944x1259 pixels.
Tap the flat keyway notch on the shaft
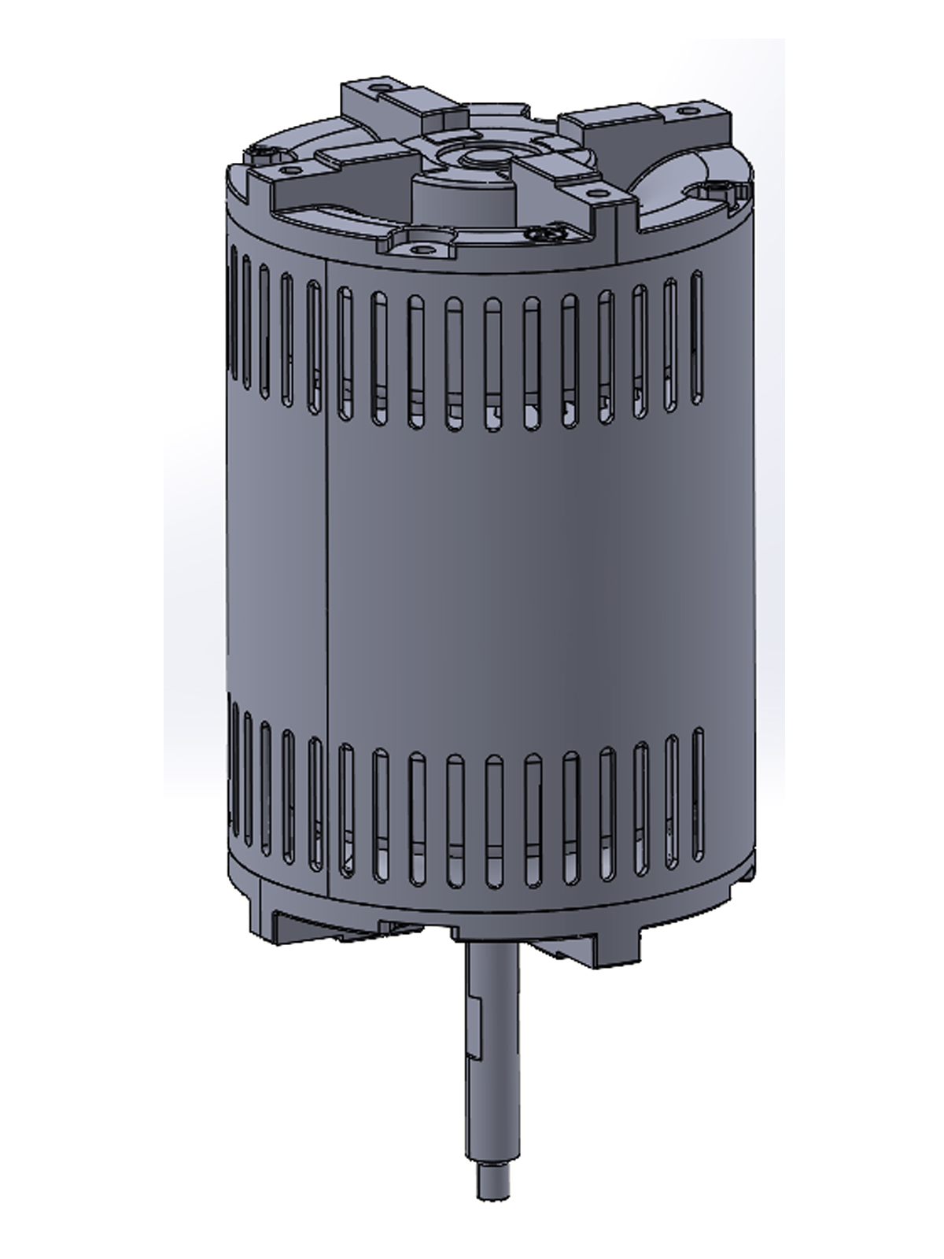click(475, 1023)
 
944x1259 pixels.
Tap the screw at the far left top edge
click(261, 153)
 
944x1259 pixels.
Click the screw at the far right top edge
click(718, 189)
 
